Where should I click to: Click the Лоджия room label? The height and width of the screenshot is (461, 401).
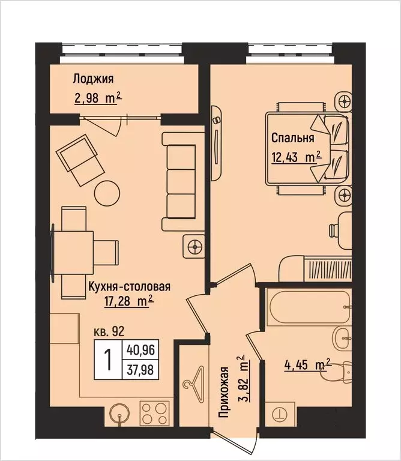tap(93, 79)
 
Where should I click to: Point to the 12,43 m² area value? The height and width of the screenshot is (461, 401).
tap(297, 157)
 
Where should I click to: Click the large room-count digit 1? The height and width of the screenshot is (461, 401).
tap(109, 361)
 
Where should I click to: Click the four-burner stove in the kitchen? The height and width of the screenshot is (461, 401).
tap(154, 414)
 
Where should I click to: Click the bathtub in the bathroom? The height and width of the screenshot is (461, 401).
tap(309, 308)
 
